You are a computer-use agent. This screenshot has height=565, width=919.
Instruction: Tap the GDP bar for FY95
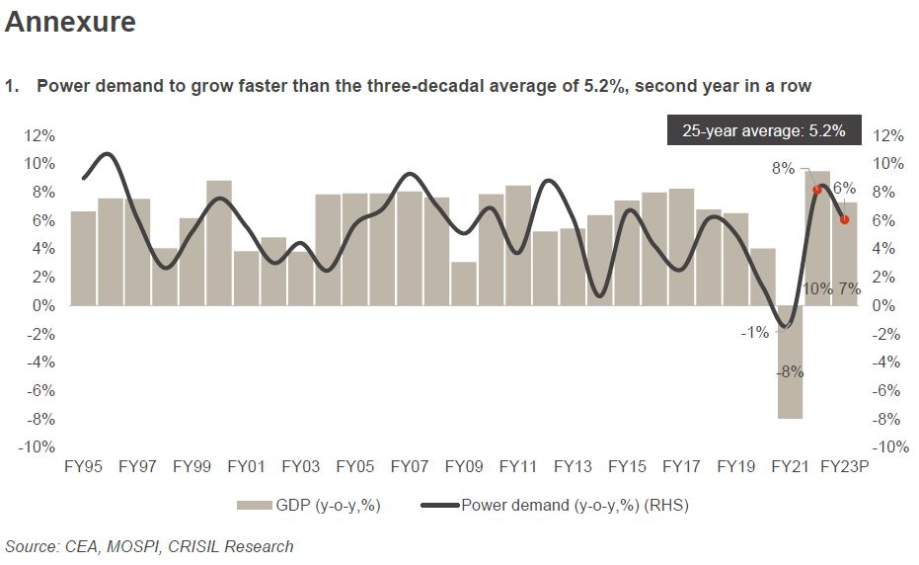(x=83, y=258)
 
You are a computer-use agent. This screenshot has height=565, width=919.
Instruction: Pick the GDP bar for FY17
(x=681, y=247)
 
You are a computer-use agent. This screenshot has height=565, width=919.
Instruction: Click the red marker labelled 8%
(x=817, y=190)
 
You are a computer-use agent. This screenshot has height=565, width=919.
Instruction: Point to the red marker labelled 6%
(x=844, y=219)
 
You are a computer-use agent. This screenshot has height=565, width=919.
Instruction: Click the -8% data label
(x=790, y=372)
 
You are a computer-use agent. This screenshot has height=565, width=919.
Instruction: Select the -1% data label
(x=754, y=333)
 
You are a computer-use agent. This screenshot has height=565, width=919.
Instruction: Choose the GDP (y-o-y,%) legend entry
(x=309, y=506)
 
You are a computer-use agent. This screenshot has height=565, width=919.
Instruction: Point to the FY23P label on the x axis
(x=844, y=466)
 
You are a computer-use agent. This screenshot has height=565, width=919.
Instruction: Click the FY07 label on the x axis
(x=409, y=466)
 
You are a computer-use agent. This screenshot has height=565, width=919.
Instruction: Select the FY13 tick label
(x=572, y=466)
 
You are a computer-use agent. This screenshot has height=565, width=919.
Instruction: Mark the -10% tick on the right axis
(x=889, y=447)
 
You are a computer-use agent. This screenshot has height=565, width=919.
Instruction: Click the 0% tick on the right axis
(x=885, y=305)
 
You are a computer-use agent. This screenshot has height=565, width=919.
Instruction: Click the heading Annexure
(x=70, y=23)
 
